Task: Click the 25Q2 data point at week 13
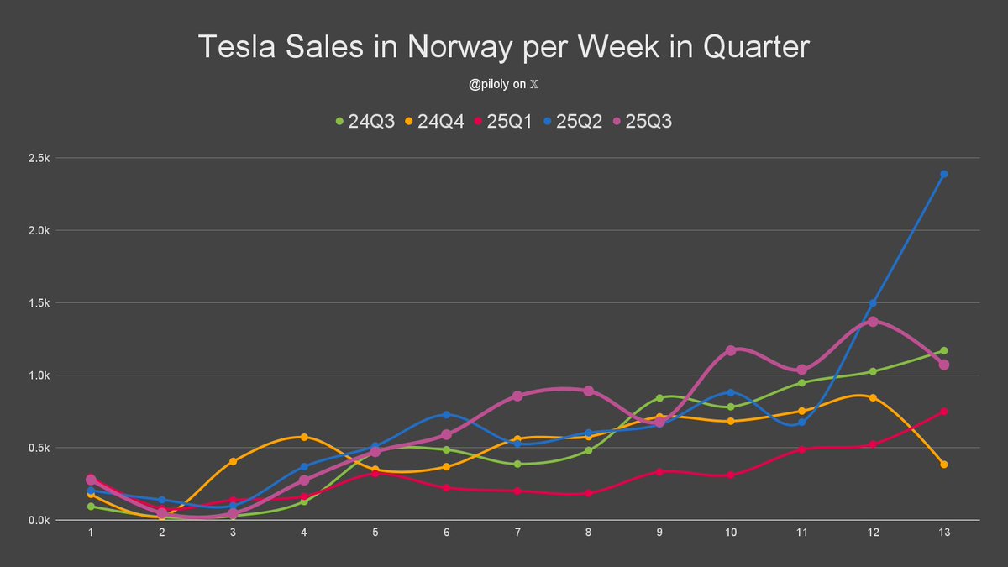[944, 174]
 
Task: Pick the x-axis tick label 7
[517, 533]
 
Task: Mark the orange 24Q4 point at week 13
[944, 465]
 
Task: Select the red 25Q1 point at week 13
[944, 412]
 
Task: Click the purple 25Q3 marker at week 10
[731, 350]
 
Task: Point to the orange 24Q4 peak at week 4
[304, 437]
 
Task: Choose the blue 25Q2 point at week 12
[873, 303]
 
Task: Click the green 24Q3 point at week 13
[944, 351]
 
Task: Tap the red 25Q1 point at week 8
[589, 493]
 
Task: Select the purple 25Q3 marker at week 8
[589, 391]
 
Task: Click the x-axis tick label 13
[944, 533]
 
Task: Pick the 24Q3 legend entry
[367, 121]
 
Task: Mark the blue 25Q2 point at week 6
[447, 415]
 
